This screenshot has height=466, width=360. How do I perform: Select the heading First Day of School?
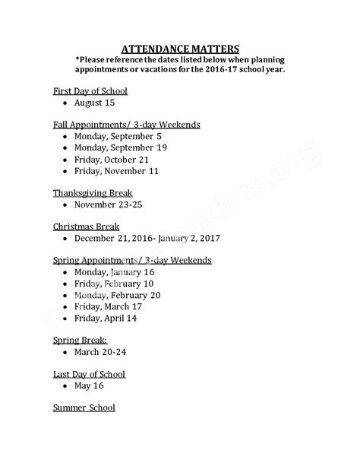click(x=90, y=90)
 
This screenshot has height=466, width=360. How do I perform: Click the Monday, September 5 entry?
click(x=117, y=136)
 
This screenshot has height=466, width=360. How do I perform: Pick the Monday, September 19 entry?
click(x=120, y=147)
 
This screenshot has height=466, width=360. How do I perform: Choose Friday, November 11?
click(x=116, y=171)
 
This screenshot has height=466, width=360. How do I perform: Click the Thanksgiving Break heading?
click(x=92, y=192)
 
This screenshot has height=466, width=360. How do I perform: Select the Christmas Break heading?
click(x=86, y=227)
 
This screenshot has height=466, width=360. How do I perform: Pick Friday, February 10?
click(x=113, y=284)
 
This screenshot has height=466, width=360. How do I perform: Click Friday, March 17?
click(x=108, y=306)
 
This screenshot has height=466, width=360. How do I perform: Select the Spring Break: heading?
click(x=79, y=340)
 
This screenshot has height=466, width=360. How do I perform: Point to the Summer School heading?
click(x=84, y=408)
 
